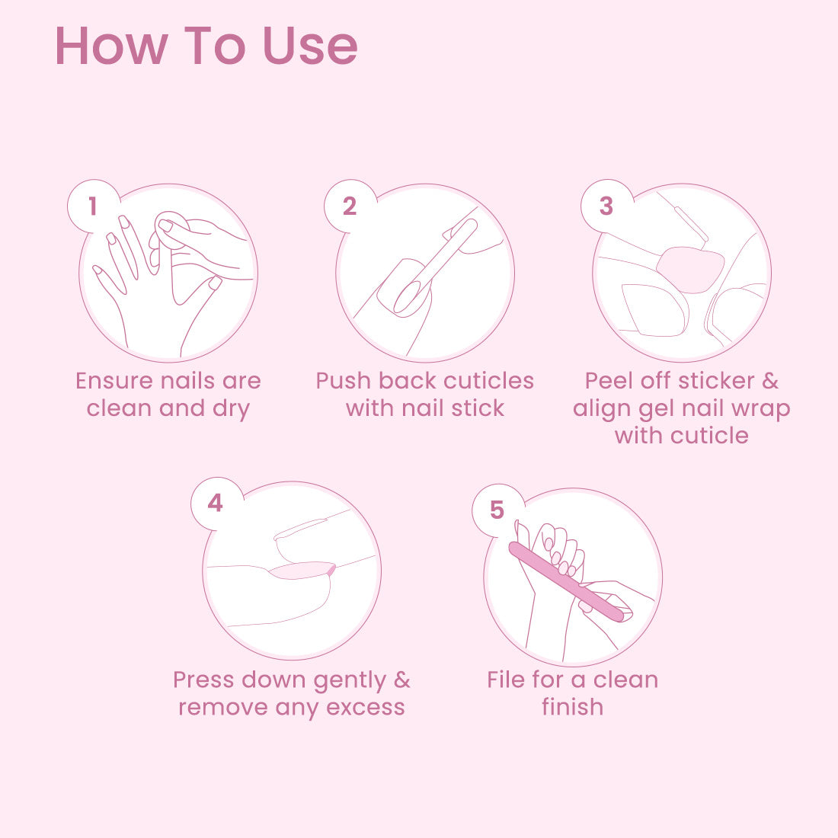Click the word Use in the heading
[x=310, y=46]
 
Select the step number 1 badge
[x=93, y=206]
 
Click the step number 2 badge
[x=350, y=206]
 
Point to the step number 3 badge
[x=606, y=206]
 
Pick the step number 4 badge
[x=216, y=503]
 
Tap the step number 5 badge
[x=497, y=510]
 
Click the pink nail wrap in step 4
[x=302, y=571]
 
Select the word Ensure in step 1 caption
[x=114, y=381]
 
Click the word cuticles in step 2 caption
[x=488, y=381]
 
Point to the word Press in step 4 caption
[x=203, y=680]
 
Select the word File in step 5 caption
[x=506, y=680]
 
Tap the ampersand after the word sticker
[x=770, y=381]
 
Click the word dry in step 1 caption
[x=232, y=409]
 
